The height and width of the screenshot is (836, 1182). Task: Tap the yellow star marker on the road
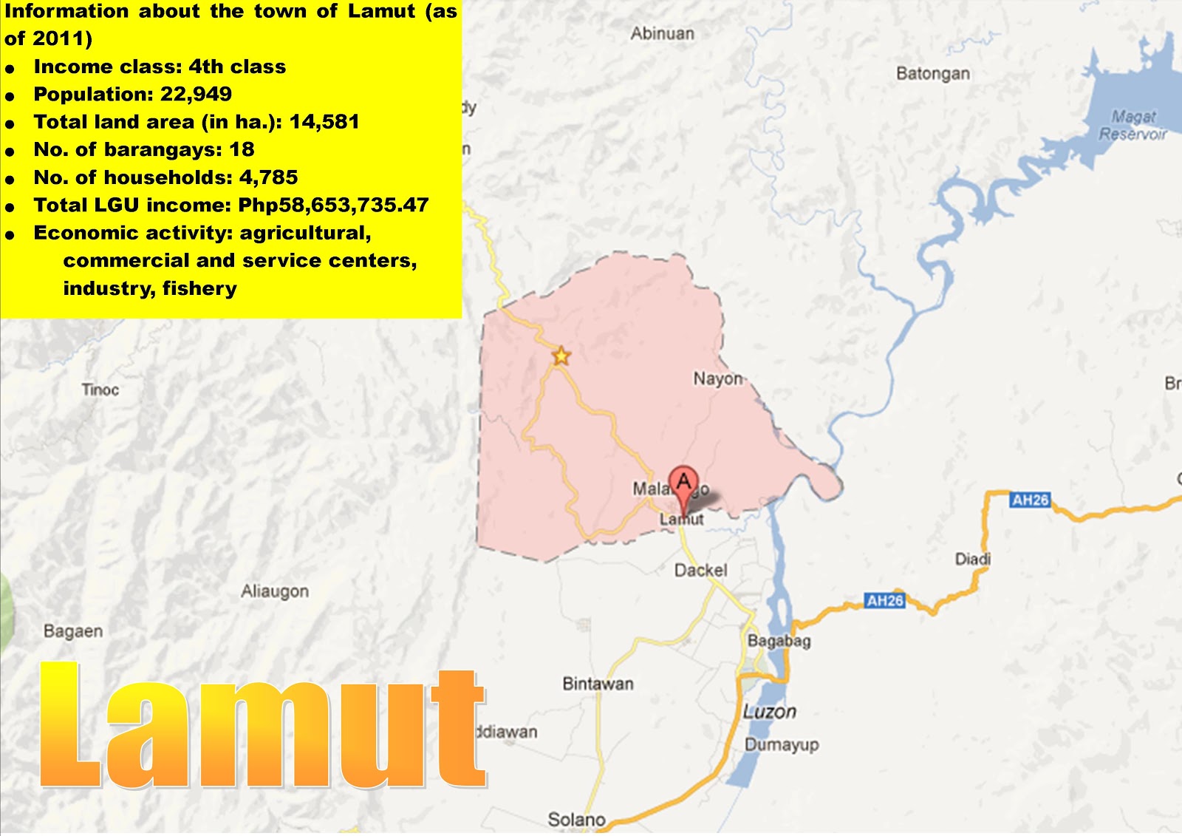click(x=561, y=356)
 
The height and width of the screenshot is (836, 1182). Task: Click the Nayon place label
click(x=717, y=379)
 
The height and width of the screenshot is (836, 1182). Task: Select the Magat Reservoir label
click(x=1133, y=125)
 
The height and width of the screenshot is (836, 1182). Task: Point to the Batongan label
click(x=932, y=73)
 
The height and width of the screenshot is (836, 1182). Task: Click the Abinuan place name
click(x=662, y=33)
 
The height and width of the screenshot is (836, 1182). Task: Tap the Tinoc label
click(x=100, y=390)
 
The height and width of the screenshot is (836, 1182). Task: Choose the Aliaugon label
click(x=275, y=591)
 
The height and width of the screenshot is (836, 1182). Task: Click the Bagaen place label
click(x=73, y=631)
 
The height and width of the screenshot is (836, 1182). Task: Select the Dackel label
click(x=700, y=571)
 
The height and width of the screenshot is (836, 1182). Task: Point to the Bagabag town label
click(x=779, y=641)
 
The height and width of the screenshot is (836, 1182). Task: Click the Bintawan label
click(x=598, y=684)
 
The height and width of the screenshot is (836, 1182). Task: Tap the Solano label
click(x=576, y=820)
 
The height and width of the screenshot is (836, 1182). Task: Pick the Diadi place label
click(x=972, y=559)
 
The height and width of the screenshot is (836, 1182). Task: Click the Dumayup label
click(x=782, y=744)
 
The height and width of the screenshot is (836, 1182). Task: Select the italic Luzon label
click(x=769, y=712)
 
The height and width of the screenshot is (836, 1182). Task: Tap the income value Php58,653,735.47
click(x=333, y=205)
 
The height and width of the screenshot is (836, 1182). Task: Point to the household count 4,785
click(x=268, y=177)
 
